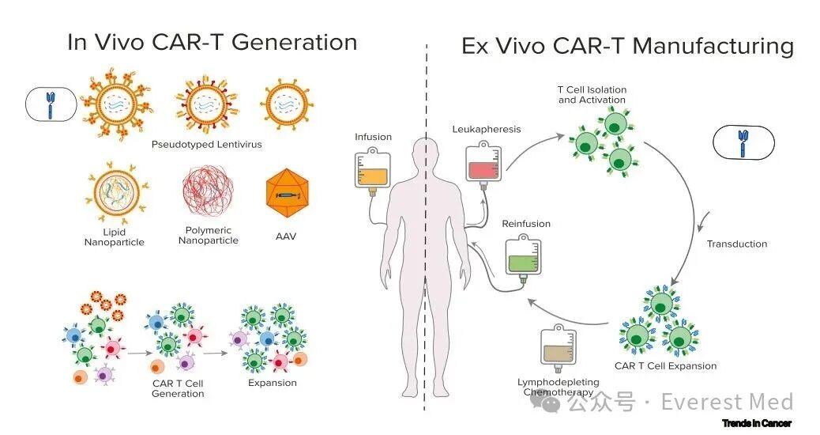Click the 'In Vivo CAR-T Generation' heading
(x=212, y=42)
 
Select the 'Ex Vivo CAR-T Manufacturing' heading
(x=627, y=46)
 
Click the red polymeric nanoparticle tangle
(x=208, y=195)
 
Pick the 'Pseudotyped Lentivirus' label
(x=206, y=145)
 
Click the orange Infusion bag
(x=373, y=171)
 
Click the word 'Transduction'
(x=736, y=244)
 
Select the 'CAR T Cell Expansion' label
(x=665, y=366)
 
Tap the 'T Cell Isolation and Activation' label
(x=592, y=95)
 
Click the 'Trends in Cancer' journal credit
(x=756, y=423)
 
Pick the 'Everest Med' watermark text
(x=726, y=402)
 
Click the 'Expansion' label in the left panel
(x=272, y=383)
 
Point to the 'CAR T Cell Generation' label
(x=178, y=388)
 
